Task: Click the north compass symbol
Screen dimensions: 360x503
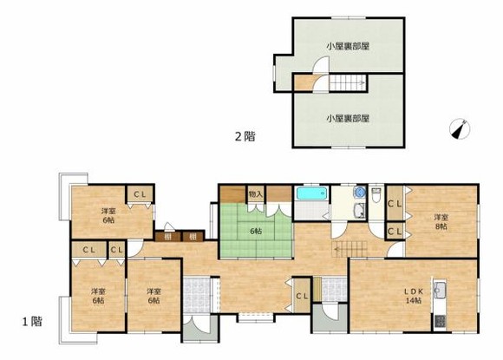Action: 461,128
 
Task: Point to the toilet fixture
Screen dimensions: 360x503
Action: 376,197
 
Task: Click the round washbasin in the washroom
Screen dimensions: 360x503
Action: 358,193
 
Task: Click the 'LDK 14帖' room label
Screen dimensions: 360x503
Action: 411,295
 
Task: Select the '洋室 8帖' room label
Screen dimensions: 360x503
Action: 441,221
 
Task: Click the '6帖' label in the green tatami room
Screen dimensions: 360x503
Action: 256,231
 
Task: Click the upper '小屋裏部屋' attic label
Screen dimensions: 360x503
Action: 348,45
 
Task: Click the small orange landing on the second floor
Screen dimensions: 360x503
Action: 303,84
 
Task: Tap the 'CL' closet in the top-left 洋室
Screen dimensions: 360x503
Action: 139,194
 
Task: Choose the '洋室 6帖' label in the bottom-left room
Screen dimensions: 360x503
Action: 95,295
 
